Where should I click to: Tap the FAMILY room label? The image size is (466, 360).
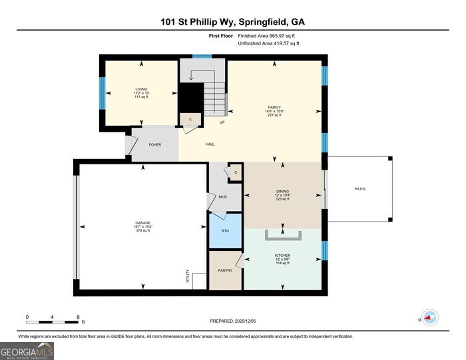pos(274,107)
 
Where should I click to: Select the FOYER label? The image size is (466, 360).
pos(154,144)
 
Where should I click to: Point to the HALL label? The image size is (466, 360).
pos(210,144)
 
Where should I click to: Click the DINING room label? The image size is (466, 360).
pos(282,192)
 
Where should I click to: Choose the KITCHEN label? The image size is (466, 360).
pos(282,255)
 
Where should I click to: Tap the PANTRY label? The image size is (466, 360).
pos(224,270)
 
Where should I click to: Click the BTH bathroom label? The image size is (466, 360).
pos(224,230)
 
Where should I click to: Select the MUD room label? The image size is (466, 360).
pos(223,197)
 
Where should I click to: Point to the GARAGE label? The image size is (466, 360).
pos(142,223)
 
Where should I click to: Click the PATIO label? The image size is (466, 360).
pos(359,189)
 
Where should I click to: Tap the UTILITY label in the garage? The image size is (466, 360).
pos(188,276)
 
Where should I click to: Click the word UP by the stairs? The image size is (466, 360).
pos(222,122)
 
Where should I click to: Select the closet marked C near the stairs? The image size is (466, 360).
pos(190,120)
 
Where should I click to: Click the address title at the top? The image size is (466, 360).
pos(232,22)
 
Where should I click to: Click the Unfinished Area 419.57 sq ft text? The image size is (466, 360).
pos(268,43)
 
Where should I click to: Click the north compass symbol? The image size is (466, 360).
pos(430,318)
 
